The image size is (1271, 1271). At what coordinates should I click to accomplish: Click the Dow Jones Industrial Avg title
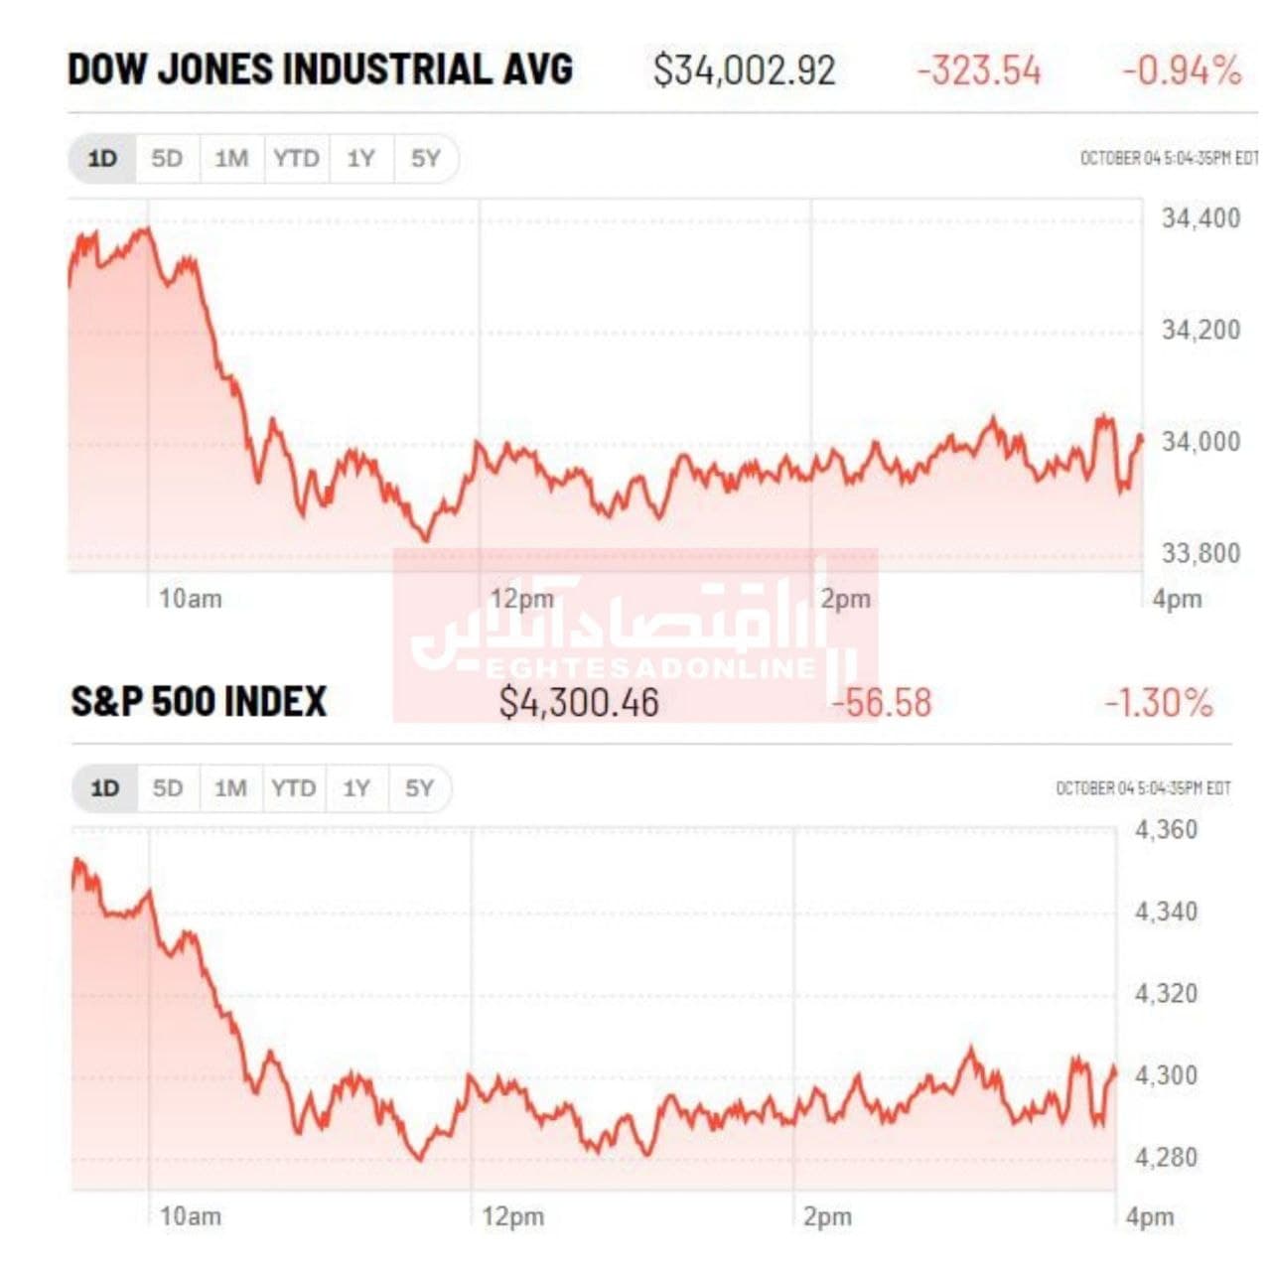[320, 70]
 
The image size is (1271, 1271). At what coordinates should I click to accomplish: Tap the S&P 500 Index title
[199, 701]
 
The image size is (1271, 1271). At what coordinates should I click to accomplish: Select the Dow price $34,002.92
[744, 71]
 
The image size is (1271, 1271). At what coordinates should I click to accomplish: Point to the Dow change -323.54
[978, 71]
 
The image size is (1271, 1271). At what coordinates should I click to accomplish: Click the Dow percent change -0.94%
[1182, 71]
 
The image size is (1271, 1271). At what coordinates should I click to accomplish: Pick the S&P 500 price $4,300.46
[578, 703]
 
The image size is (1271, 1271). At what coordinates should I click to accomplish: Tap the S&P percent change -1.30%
[1159, 703]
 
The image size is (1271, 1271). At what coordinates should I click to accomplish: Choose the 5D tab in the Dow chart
[167, 159]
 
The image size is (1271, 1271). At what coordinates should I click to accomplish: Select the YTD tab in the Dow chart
[296, 159]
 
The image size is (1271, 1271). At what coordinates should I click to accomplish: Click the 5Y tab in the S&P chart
[419, 788]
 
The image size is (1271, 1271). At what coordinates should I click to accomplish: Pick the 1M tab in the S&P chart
[230, 788]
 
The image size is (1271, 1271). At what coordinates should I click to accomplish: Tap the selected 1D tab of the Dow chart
[102, 159]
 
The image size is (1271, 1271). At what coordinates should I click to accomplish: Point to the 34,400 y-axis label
[1200, 218]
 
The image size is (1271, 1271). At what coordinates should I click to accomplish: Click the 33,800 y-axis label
[1200, 553]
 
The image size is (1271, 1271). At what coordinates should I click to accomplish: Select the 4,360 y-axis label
[1166, 830]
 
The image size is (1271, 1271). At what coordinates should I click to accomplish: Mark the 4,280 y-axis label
[1166, 1157]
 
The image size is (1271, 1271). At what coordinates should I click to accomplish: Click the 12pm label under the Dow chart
[521, 599]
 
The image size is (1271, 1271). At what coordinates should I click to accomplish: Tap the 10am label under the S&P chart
[191, 1216]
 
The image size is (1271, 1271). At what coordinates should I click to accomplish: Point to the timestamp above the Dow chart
[1168, 159]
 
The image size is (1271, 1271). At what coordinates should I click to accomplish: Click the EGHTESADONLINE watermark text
[650, 667]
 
